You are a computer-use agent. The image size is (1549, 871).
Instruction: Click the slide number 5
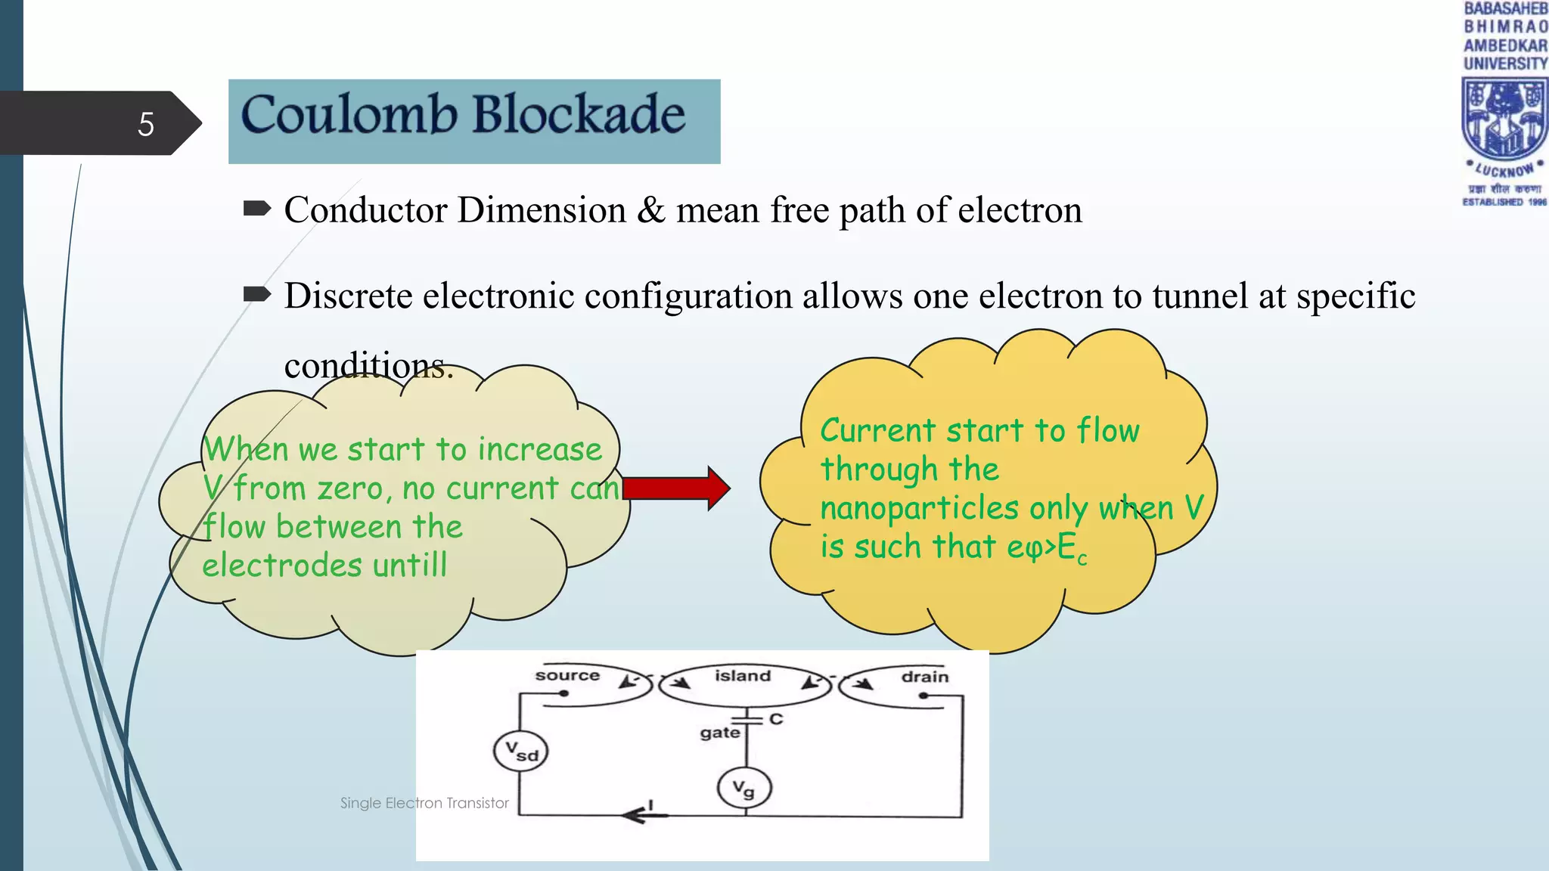(146, 124)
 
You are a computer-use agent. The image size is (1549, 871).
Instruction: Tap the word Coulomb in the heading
(349, 115)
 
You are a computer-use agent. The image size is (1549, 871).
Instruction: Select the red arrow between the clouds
(675, 488)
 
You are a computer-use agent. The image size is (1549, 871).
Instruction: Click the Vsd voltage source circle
(520, 752)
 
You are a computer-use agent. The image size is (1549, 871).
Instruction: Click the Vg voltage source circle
(744, 789)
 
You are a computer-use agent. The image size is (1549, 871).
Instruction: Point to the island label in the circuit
(742, 676)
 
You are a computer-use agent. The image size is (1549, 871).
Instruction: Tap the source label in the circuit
(567, 675)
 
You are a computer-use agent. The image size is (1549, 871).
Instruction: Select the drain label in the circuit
(924, 677)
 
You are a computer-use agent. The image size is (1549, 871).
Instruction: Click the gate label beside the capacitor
(719, 733)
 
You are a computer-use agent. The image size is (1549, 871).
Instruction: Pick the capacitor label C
(776, 719)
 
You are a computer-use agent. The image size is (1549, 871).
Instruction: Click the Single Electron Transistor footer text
(424, 803)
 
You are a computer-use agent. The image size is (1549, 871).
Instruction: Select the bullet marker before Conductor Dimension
(257, 209)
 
